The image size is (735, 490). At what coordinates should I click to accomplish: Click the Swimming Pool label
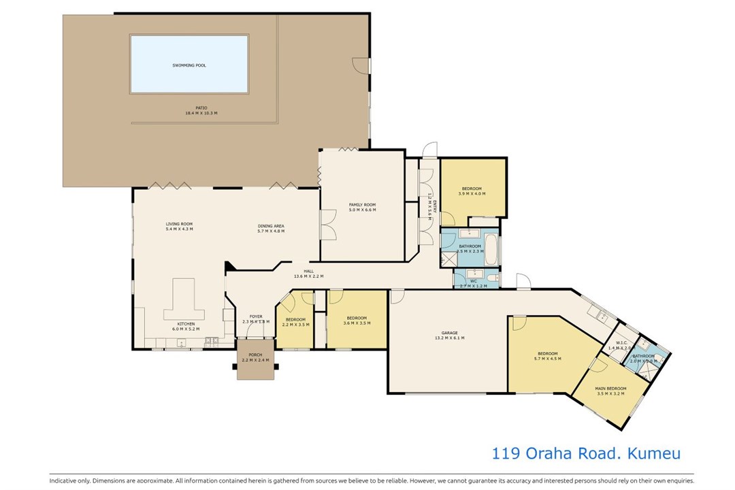click(189, 65)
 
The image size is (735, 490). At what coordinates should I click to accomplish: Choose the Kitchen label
click(186, 324)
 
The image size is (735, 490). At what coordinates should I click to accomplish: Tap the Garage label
click(449, 333)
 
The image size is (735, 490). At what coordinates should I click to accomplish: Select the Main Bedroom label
click(610, 389)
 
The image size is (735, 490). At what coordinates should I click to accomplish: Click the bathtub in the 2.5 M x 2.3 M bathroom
click(493, 250)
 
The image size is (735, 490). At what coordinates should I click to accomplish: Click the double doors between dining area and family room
click(327, 225)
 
